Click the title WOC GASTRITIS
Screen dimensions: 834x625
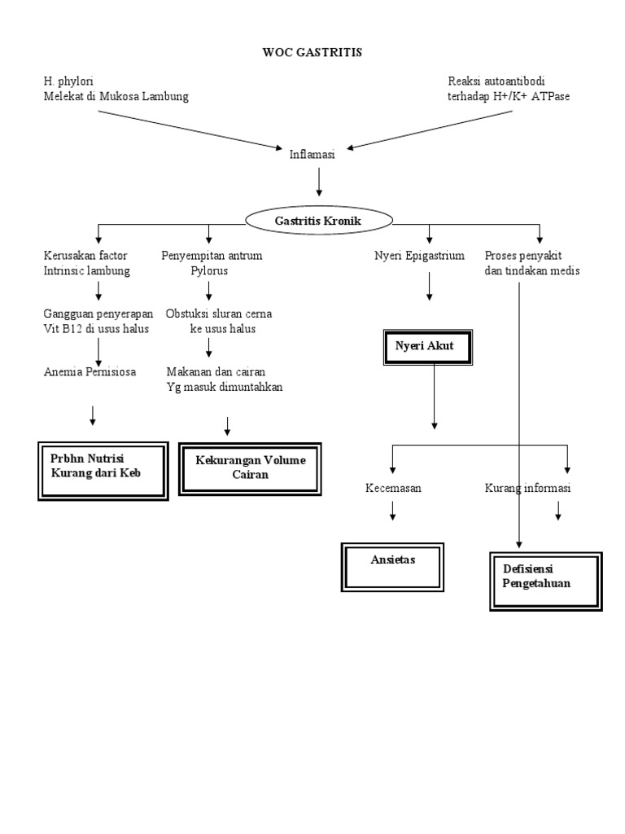(x=312, y=52)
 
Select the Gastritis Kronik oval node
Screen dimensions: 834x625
(x=319, y=221)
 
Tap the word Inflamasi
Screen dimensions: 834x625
(x=312, y=154)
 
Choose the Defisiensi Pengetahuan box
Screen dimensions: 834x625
(x=546, y=580)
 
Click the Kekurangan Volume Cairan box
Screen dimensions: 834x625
(x=250, y=467)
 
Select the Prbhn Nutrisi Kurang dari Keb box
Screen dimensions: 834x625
(x=103, y=470)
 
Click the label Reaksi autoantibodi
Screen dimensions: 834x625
(x=496, y=81)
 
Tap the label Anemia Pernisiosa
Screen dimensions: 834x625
(x=90, y=372)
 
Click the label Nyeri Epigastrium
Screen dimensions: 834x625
(x=419, y=256)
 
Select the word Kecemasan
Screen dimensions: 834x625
(x=394, y=489)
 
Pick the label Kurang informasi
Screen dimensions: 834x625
(x=528, y=489)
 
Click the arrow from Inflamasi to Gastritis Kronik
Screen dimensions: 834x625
(x=319, y=182)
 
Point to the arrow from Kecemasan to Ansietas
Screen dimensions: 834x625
(x=393, y=511)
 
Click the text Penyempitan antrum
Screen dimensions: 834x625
(x=212, y=256)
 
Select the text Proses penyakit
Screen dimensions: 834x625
(x=523, y=256)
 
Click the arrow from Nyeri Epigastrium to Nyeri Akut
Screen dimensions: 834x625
(x=429, y=288)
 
